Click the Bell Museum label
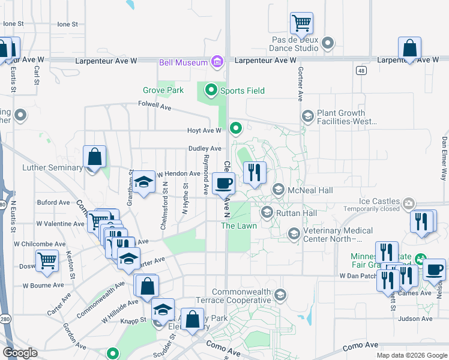184,62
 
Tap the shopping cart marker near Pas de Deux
301,24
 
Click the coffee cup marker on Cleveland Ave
223,183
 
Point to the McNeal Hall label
310,190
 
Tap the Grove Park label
163,91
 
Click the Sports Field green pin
211,91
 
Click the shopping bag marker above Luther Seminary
95,157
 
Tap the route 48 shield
361,71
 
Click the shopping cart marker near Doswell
47,261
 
